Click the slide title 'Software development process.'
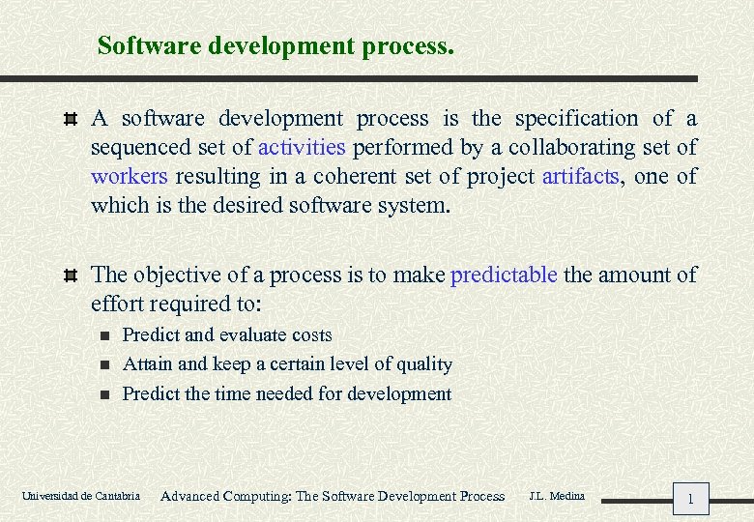[x=275, y=45]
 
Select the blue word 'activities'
[x=302, y=148]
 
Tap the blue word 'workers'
[x=130, y=177]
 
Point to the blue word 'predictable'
[x=504, y=275]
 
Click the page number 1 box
[x=690, y=499]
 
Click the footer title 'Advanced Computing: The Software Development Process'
[x=333, y=497]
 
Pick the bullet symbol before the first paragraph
[x=69, y=120]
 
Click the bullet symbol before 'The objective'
[x=69, y=275]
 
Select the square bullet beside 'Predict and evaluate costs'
[x=105, y=336]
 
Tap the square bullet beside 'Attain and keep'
[x=105, y=365]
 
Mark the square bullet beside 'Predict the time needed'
[x=105, y=394]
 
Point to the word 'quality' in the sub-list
[x=423, y=364]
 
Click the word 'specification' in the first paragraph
[x=576, y=119]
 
